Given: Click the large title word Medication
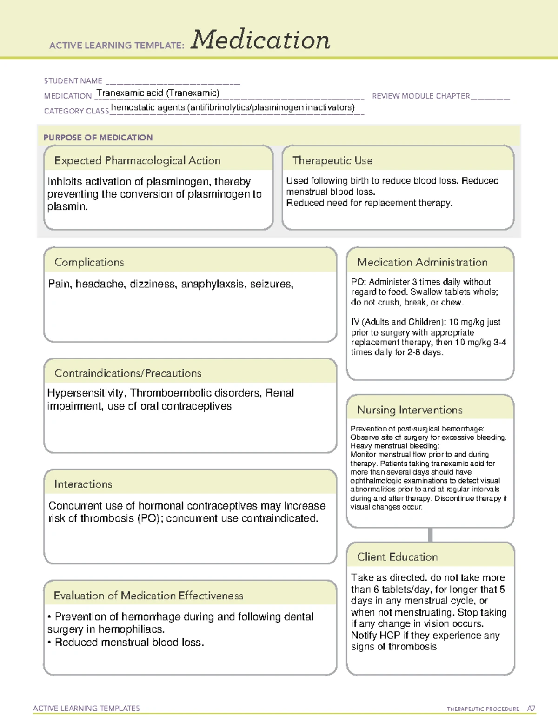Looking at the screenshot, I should click(260, 40).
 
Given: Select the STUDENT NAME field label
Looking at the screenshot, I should click(73, 81).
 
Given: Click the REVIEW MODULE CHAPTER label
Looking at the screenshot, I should click(421, 96).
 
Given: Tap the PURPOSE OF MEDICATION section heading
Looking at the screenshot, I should click(98, 138).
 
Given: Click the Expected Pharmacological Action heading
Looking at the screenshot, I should click(137, 161).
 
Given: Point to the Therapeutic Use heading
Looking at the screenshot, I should click(332, 161).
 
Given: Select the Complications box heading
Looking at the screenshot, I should click(89, 262).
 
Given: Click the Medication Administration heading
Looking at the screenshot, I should click(422, 262).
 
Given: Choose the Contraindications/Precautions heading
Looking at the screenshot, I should click(128, 373).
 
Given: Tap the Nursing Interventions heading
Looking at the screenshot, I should click(410, 410).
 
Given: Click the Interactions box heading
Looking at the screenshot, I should click(83, 484).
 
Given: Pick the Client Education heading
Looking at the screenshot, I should click(397, 557).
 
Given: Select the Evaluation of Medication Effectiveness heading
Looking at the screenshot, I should click(148, 596).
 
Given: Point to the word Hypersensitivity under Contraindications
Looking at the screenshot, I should click(86, 393).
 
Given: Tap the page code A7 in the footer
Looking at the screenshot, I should click(531, 709).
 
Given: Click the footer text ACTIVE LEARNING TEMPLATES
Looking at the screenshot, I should click(86, 708).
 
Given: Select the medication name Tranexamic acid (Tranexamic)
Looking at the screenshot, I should click(158, 93).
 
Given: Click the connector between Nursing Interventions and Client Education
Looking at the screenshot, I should click(430, 535).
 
